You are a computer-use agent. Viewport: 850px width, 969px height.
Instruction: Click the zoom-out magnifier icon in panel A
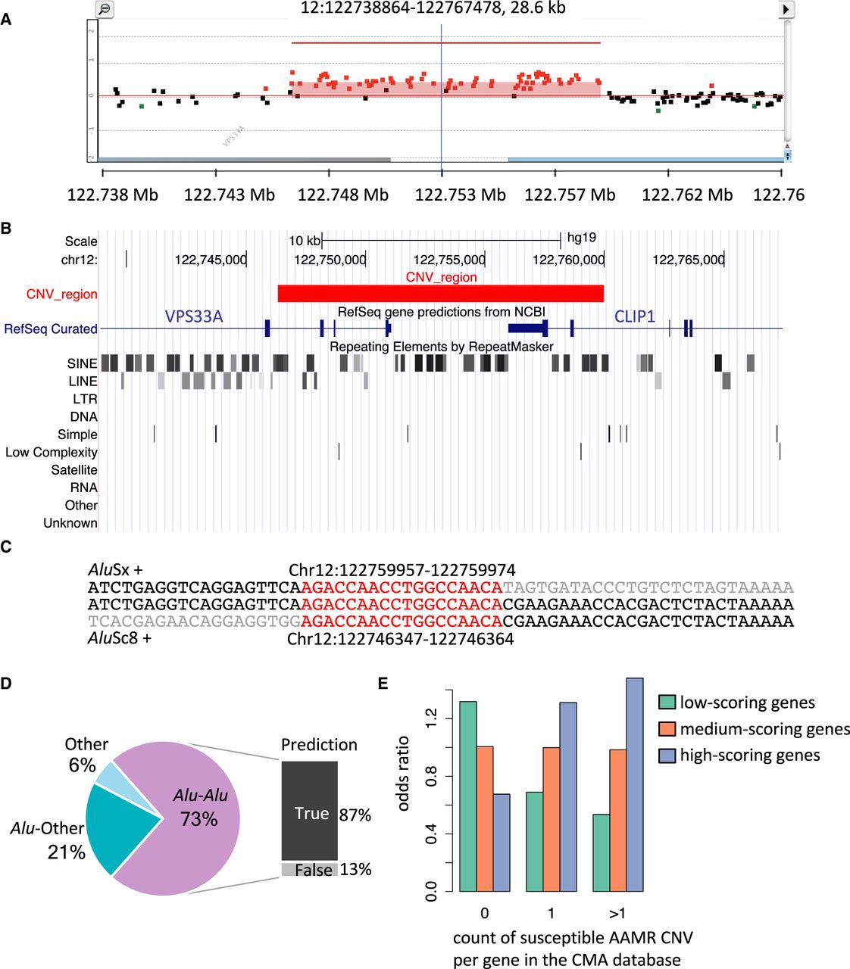(x=105, y=9)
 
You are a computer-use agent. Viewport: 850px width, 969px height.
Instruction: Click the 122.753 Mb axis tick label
(x=460, y=195)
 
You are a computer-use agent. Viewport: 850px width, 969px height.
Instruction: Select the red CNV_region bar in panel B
(x=440, y=293)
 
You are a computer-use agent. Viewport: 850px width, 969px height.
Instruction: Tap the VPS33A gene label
(x=194, y=316)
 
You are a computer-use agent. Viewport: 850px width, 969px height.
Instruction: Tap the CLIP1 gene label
(x=634, y=316)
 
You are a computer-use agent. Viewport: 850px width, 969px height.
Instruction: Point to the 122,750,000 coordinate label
(x=330, y=260)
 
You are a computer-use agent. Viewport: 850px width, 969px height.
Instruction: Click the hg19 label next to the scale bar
(x=581, y=238)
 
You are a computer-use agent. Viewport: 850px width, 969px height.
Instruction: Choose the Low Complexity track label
(x=52, y=452)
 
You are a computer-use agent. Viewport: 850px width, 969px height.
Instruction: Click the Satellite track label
(x=74, y=470)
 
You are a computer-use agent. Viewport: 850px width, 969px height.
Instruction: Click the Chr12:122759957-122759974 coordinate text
(x=402, y=570)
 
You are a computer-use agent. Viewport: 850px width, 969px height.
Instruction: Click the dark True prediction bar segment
(x=309, y=810)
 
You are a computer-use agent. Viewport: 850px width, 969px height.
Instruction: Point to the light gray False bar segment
(x=309, y=870)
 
